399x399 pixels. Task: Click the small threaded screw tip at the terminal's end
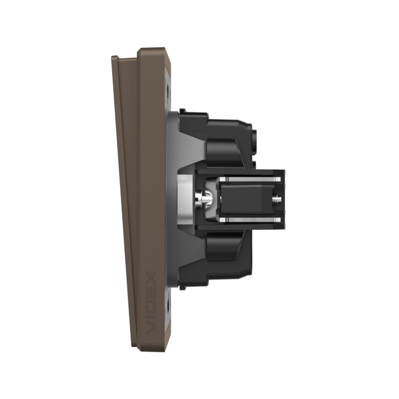tap(277, 199)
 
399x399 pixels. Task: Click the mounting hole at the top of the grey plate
tap(168, 90)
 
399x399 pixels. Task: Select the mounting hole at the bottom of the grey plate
tap(168, 307)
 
